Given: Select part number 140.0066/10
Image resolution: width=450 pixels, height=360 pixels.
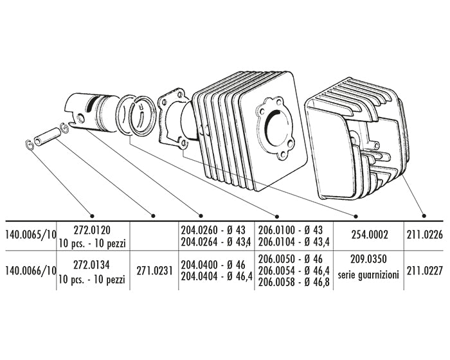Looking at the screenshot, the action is click(31, 271).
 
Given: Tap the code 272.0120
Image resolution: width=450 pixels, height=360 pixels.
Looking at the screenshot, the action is click(92, 230).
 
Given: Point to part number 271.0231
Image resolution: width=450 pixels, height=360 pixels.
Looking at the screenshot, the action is click(154, 271).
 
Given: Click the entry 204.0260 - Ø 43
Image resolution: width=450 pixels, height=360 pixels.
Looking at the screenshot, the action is click(213, 230).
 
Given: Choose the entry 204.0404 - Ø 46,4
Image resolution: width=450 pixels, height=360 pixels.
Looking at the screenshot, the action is click(217, 276).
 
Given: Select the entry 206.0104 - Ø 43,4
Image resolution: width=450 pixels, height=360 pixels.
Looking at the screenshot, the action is click(294, 242).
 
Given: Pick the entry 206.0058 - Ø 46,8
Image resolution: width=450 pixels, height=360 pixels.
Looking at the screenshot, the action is click(294, 283).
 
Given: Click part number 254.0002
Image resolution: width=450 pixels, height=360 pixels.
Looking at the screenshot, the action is click(370, 235).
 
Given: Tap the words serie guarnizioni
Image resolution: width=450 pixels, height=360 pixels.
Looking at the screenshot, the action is click(368, 275).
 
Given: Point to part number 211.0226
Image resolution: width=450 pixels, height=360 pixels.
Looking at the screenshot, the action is click(425, 235).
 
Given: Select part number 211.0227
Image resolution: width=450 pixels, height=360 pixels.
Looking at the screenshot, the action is click(425, 271).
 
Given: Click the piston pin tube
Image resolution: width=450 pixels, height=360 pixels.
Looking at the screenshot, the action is click(48, 136).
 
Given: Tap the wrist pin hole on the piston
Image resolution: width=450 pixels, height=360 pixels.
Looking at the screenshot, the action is click(80, 118).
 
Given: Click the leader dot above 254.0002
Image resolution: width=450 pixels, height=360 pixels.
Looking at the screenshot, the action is click(355, 216).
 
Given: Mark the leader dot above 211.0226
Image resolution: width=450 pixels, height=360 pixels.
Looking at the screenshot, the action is click(424, 215).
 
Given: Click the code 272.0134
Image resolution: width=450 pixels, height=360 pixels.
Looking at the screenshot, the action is click(92, 265).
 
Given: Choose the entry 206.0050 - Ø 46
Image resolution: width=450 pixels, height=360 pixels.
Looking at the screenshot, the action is click(291, 259).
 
